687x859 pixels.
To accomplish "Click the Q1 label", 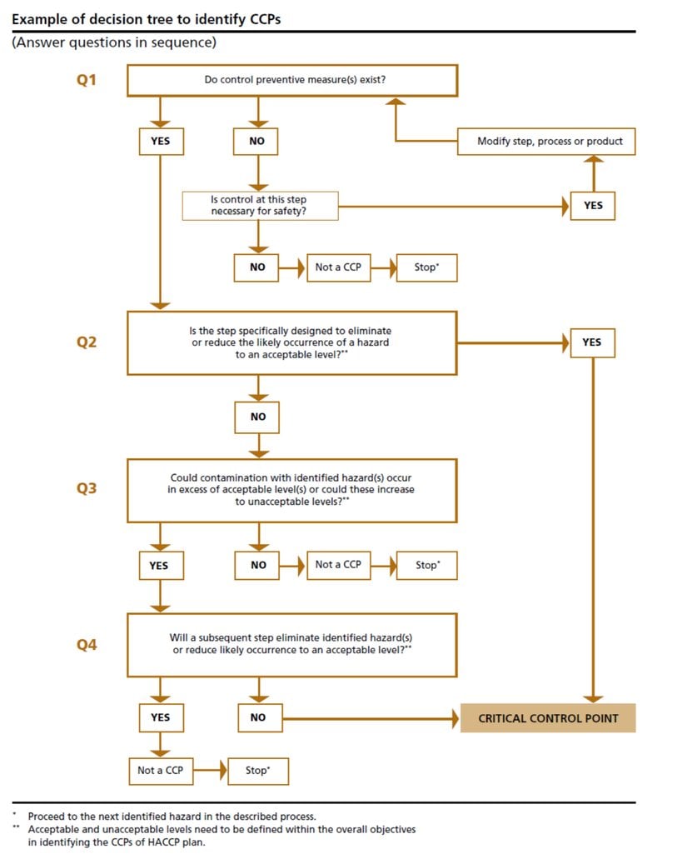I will pos(87,81).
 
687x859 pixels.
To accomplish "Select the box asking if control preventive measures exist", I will pos(291,81).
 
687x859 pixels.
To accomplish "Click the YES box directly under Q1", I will pos(160,142).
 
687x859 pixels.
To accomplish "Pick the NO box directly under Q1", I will pos(256,142).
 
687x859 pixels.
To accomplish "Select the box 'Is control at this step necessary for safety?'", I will pos(261,206).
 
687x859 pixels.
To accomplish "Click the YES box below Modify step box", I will pos(593,206).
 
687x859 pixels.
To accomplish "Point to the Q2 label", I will pos(87,342).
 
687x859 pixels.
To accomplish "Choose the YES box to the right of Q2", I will pos(592,342).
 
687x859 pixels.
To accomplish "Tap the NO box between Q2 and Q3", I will pos(258,417).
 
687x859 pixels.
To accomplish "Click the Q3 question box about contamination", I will pos(291,490).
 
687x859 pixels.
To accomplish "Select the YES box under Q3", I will pos(158,566).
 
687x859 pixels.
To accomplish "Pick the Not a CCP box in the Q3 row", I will pos(338,565).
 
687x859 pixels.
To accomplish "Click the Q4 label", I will pos(87,644).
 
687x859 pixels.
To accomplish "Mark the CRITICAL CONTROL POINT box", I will pos(548,718).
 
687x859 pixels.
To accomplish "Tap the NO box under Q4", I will pos(258,718).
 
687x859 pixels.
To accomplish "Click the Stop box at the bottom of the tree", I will pos(257,771).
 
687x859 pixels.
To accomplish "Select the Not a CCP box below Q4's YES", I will pos(160,771).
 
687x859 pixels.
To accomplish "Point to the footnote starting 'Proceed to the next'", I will pos(172,817).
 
